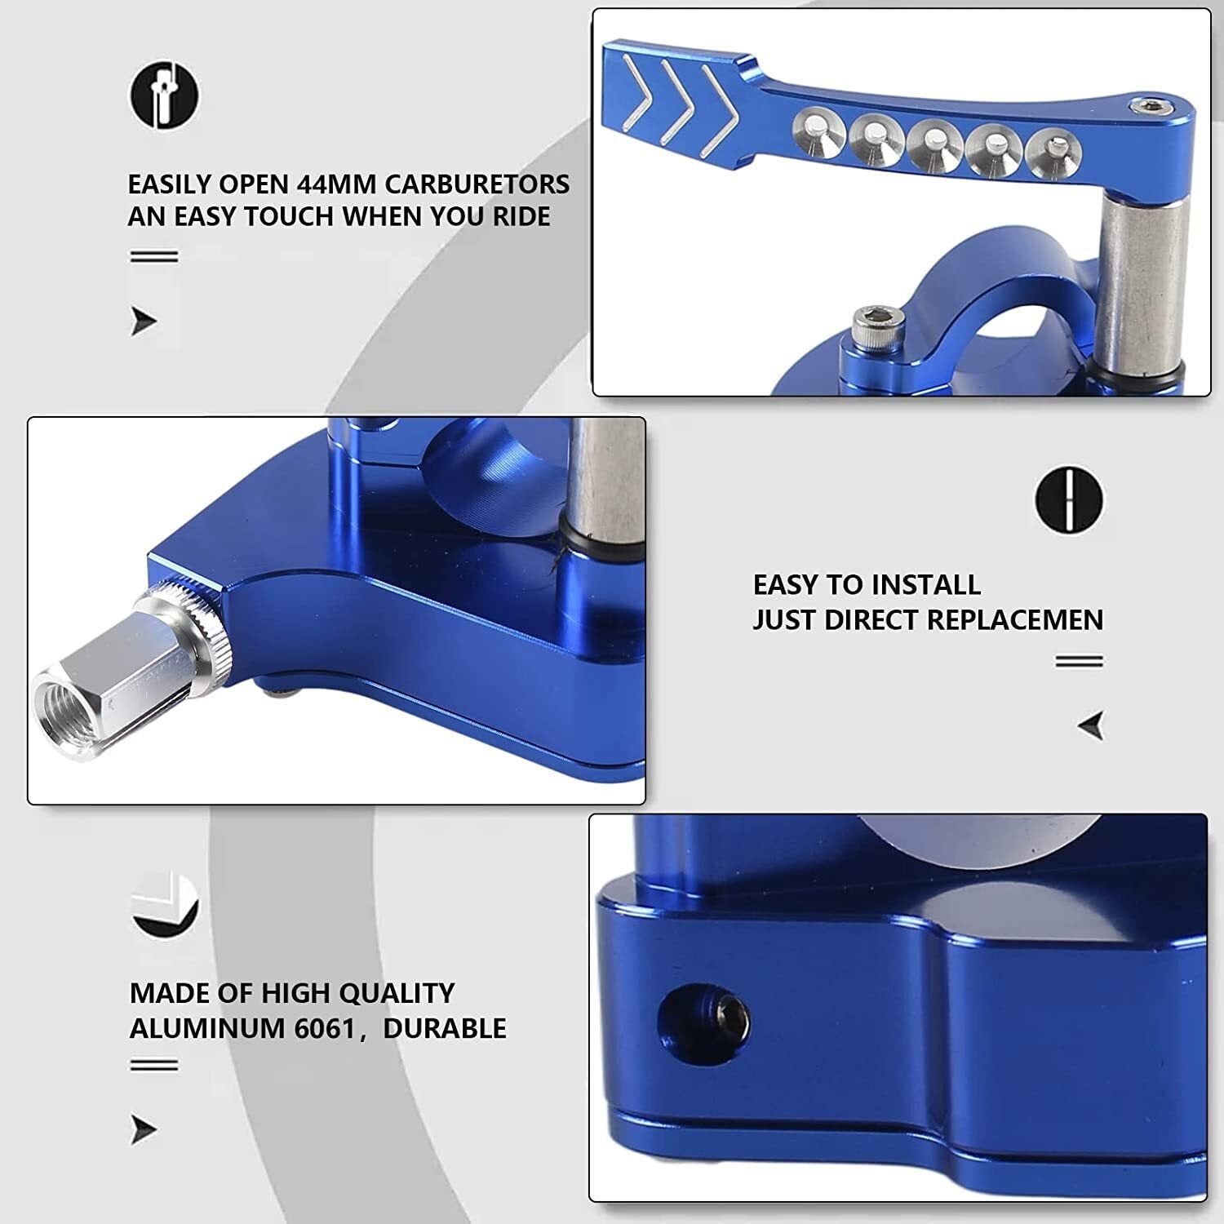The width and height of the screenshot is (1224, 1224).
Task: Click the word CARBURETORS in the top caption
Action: [x=477, y=184]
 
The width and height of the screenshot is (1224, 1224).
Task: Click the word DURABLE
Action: [x=445, y=1028]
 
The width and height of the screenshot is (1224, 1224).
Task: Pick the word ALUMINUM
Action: [x=206, y=1028]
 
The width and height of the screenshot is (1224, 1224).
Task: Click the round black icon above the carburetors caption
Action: [x=165, y=95]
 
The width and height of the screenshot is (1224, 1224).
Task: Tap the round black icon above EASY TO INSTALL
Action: [x=1069, y=499]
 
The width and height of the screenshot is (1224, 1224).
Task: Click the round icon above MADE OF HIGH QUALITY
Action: [x=165, y=905]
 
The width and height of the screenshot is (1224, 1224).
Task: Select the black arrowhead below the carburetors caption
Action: [x=144, y=322]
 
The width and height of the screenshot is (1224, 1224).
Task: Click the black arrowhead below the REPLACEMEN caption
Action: [x=1091, y=725]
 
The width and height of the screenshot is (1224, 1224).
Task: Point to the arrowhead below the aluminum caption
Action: [x=144, y=1130]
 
